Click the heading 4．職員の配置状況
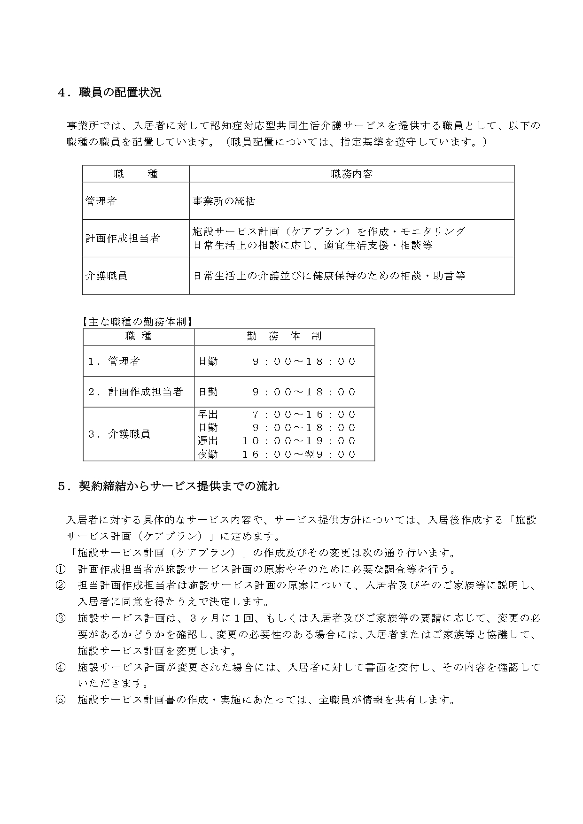tap(109, 92)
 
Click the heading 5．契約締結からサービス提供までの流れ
tap(168, 486)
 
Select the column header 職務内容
tap(351, 174)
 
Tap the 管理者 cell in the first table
tap(101, 201)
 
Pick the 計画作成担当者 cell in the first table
tap(123, 238)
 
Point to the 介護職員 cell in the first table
tap(106, 276)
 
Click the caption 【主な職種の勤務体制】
tap(138, 322)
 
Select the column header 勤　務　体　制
tap(284, 336)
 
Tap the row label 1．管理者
tap(114, 361)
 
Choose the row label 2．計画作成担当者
tap(135, 392)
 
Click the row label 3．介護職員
tap(119, 434)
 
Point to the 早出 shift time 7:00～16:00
tap(303, 414)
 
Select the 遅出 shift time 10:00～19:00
tap(299, 440)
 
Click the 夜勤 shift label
tap(208, 454)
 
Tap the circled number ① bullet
tap(61, 569)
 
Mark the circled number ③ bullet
tap(61, 618)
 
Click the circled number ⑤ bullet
tap(61, 700)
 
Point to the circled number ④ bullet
tap(61, 667)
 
